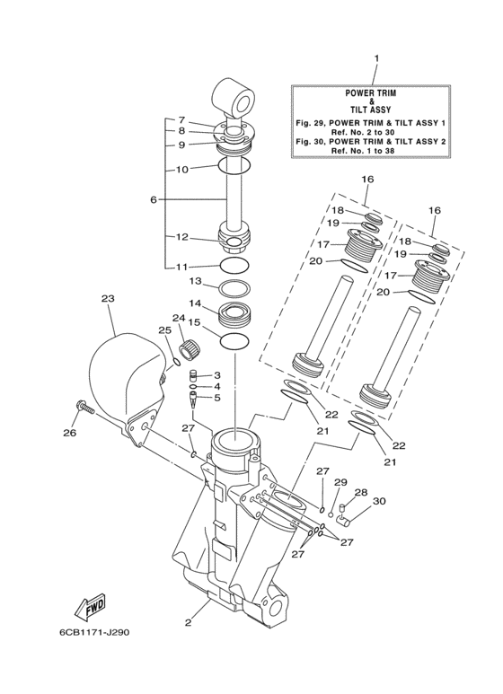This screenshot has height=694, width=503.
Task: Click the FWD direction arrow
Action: pos(93,610)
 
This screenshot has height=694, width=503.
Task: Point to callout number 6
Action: pos(154,199)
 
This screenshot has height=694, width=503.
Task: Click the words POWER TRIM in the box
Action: pos(376,92)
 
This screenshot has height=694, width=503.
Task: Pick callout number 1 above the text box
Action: pos(376,58)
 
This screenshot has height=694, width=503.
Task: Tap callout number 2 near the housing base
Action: pos(189,621)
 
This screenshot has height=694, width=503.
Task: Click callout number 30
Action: pos(378,501)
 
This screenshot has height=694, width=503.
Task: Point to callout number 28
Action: pos(361,492)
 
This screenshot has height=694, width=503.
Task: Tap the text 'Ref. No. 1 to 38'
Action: pos(376,151)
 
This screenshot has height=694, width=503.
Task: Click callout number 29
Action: pos(340,483)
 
